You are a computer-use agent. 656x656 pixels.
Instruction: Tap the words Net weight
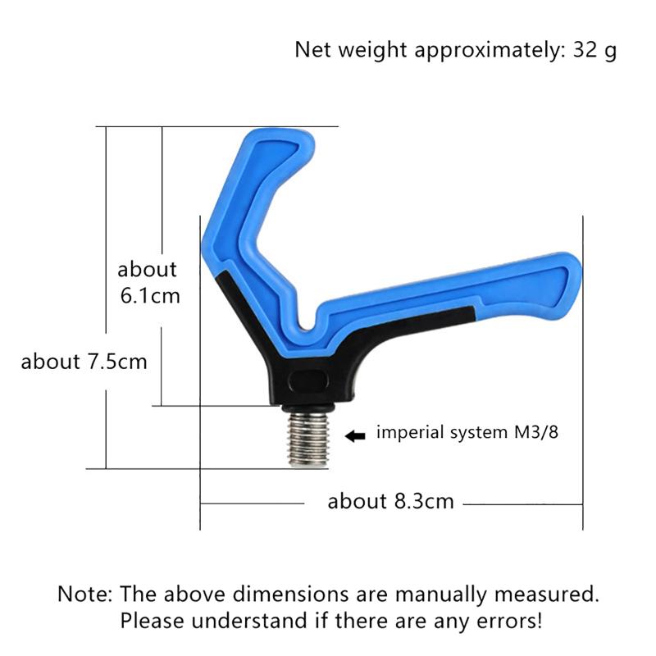click(x=352, y=49)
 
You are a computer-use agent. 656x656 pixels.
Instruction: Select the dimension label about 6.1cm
click(x=148, y=282)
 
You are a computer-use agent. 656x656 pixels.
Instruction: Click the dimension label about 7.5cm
click(x=84, y=361)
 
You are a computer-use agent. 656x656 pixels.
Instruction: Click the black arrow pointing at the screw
click(x=355, y=436)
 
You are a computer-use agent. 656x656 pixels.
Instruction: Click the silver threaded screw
click(x=307, y=440)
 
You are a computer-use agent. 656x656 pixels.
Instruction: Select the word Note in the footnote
click(x=85, y=593)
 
